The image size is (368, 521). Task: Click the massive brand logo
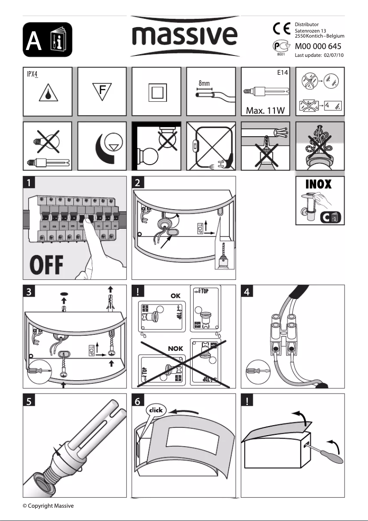click(185, 35)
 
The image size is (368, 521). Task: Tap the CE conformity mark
click(280, 29)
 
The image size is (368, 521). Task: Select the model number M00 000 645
click(318, 46)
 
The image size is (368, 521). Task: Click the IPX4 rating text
click(31, 73)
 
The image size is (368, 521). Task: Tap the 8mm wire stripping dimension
click(204, 83)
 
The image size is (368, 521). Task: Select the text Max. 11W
click(266, 111)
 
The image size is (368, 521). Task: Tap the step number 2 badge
click(138, 183)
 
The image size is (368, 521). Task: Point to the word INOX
click(318, 184)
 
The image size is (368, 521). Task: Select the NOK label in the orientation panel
click(175, 349)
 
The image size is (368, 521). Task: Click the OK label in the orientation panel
click(175, 296)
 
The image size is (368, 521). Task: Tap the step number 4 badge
click(247, 292)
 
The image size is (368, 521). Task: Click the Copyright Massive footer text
click(48, 506)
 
